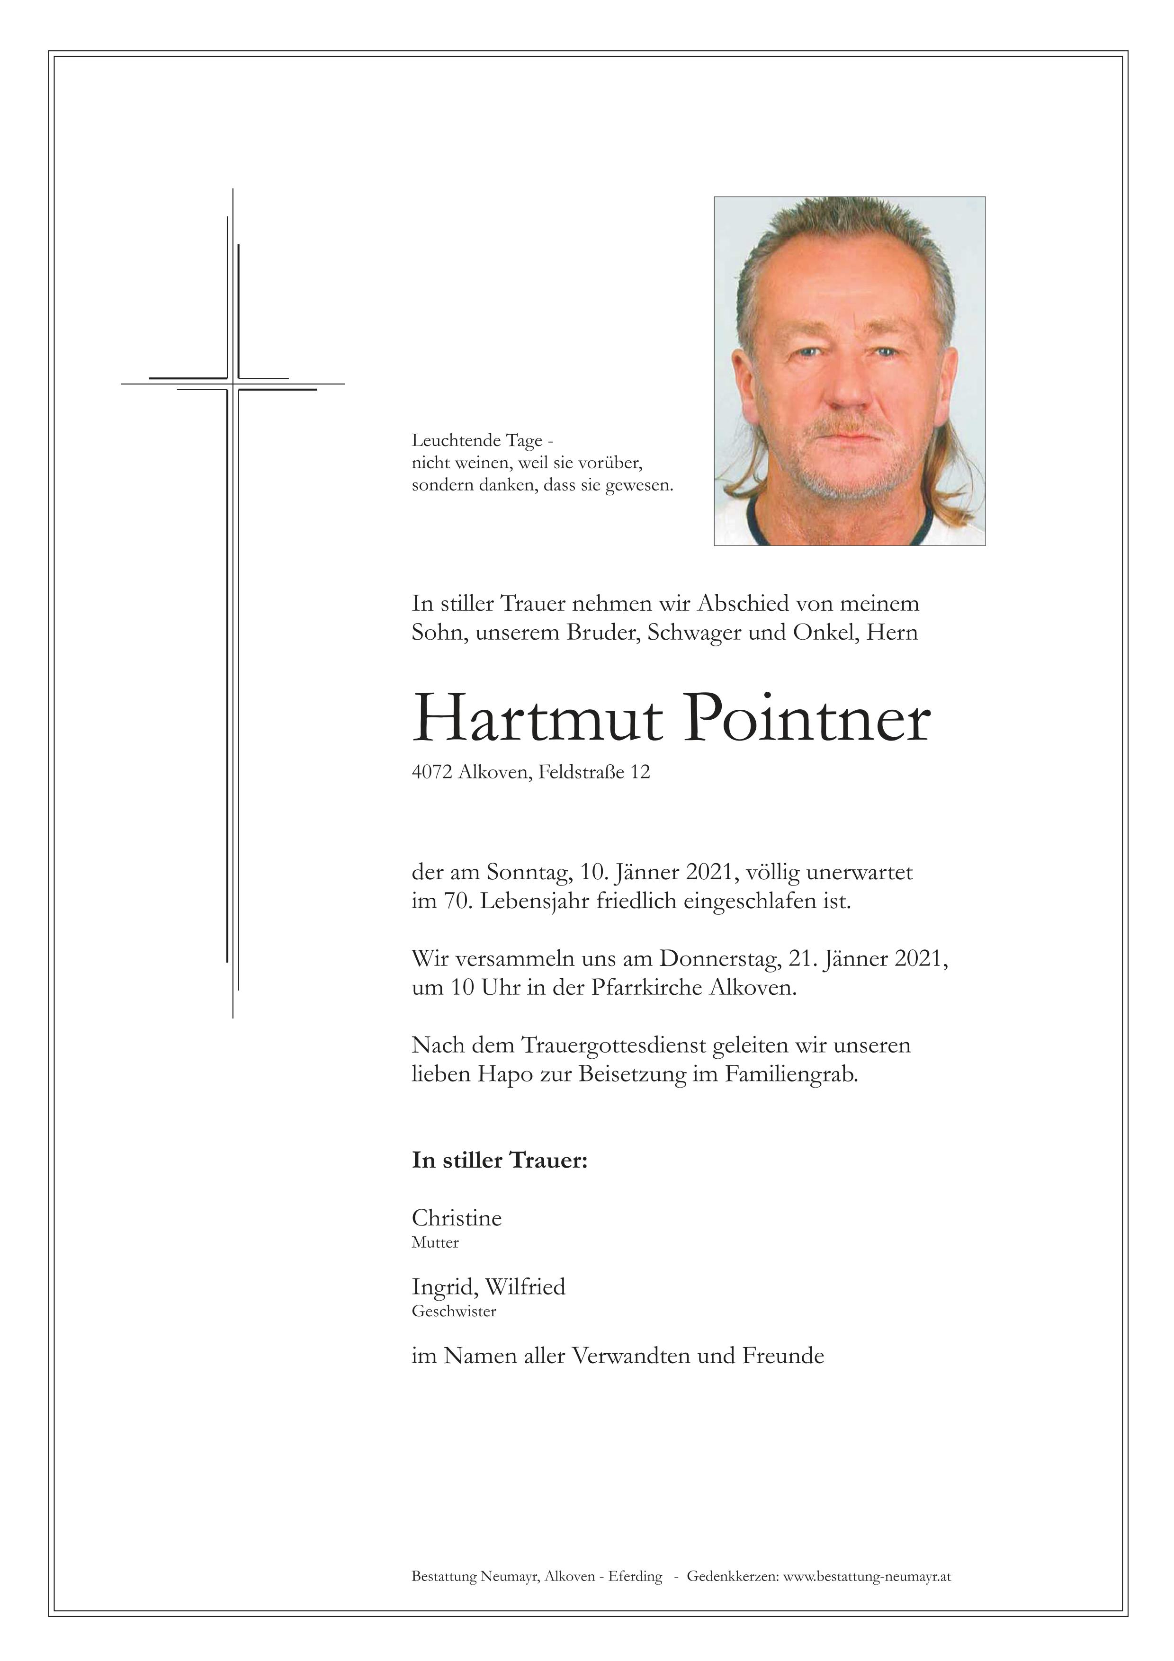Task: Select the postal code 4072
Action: pos(432,773)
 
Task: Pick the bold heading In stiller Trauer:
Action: pos(499,1161)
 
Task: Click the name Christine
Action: pos(457,1218)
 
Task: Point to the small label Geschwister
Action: pos(454,1312)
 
